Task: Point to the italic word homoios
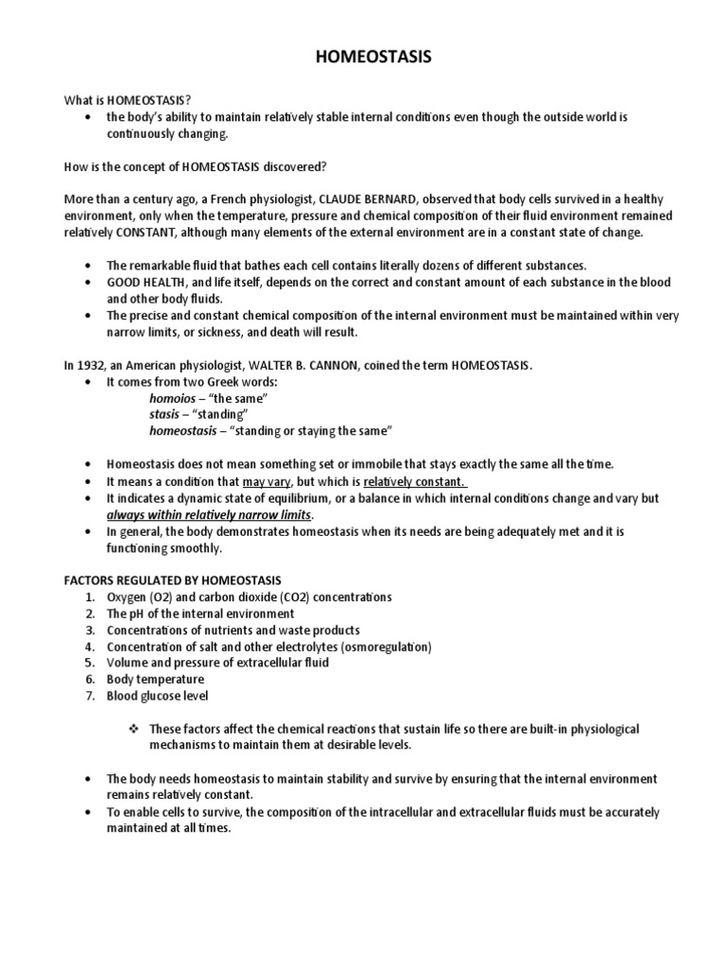pos(173,398)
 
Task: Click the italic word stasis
pos(165,414)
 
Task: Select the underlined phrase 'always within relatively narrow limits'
pos(209,514)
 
